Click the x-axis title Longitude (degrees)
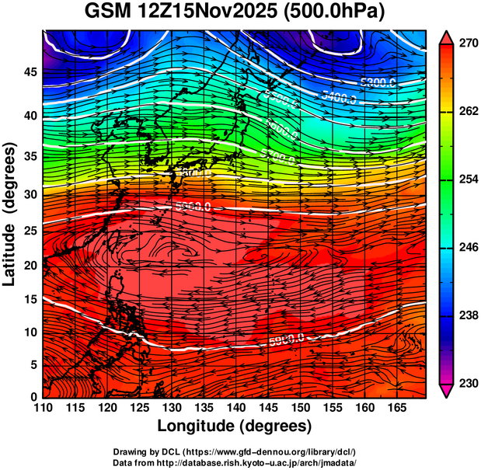pyautogui.click(x=235, y=426)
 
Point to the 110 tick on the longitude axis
pyautogui.click(x=43, y=407)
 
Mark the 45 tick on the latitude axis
pyautogui.click(x=28, y=72)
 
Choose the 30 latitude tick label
pyautogui.click(x=28, y=194)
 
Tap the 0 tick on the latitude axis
pyautogui.click(x=32, y=396)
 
